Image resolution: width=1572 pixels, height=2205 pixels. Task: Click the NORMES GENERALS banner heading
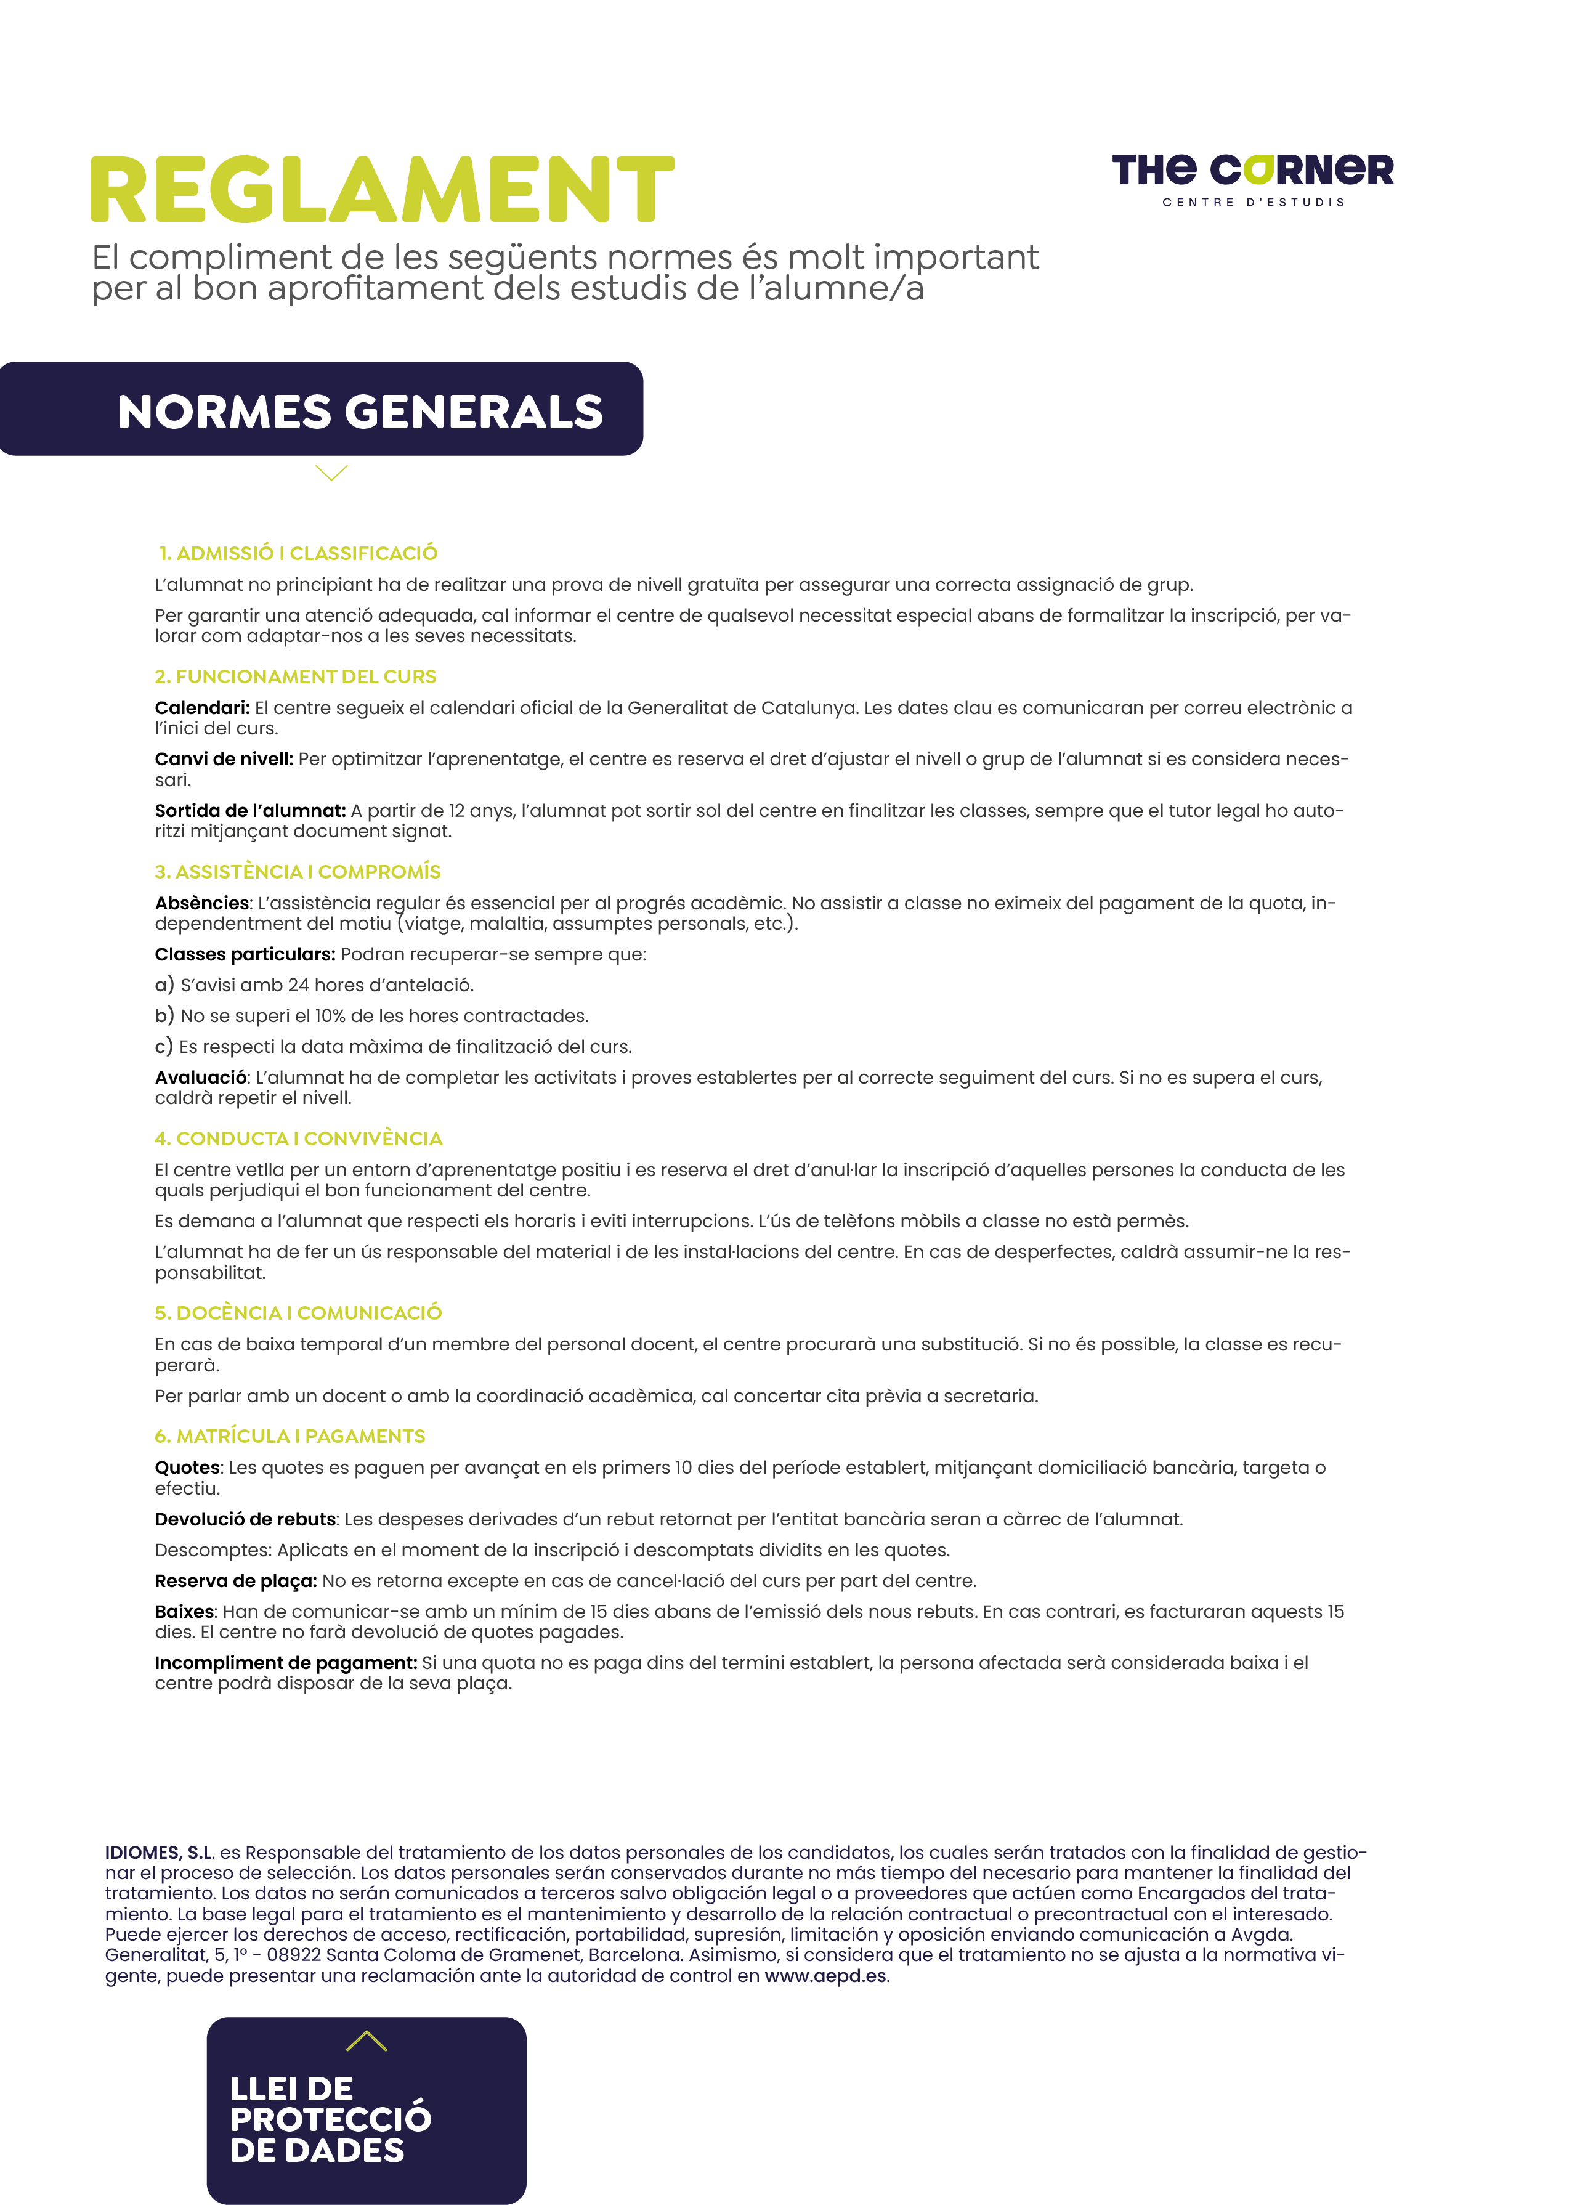[x=360, y=412]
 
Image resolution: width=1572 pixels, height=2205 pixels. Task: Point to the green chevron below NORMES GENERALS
[x=331, y=473]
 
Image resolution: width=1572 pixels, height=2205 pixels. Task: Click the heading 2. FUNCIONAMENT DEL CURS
[x=295, y=676]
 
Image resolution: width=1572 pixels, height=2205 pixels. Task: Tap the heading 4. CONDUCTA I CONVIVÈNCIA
[x=298, y=1139]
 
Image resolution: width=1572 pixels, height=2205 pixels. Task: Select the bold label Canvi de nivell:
[x=224, y=759]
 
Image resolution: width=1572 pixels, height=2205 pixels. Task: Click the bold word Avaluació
[x=200, y=1078]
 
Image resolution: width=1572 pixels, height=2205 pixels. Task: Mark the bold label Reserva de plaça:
[x=235, y=1581]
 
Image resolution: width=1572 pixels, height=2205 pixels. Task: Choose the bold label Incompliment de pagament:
[x=286, y=1662]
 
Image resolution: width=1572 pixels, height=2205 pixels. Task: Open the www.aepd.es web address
[x=825, y=1976]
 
